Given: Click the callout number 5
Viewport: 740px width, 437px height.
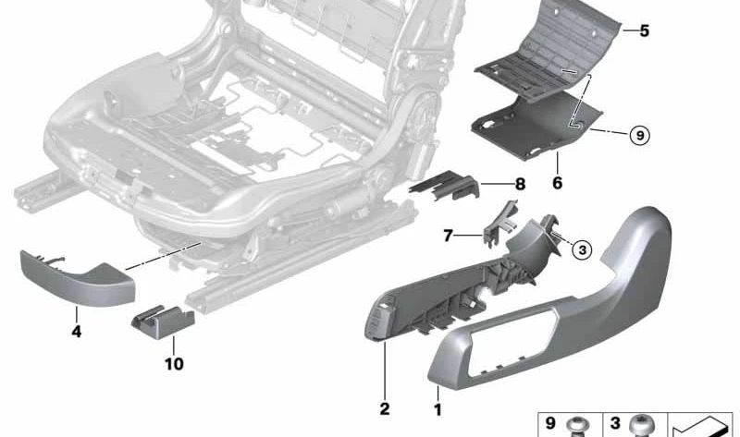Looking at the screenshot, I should click(x=644, y=31).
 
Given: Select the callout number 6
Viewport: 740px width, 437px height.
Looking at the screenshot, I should click(x=557, y=184).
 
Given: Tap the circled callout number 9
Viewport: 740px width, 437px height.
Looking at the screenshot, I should click(x=638, y=136).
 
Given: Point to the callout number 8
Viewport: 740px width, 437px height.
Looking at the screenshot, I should click(x=519, y=185).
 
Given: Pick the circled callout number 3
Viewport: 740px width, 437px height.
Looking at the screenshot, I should click(x=580, y=249).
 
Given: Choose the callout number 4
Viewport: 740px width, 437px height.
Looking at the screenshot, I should click(x=77, y=331).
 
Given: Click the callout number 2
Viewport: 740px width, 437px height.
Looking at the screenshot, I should click(x=384, y=408).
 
